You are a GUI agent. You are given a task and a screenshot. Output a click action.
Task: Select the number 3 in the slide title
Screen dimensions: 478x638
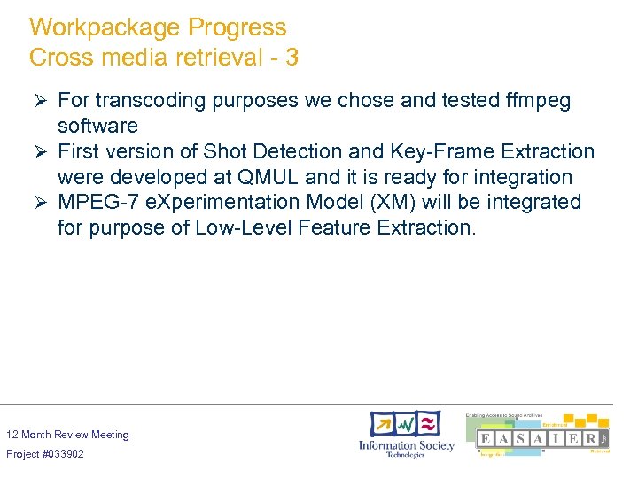pos(292,58)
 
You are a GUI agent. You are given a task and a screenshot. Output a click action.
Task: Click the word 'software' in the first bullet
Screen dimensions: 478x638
pos(97,127)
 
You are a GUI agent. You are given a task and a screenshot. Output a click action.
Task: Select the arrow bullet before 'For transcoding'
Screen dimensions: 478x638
pos(38,101)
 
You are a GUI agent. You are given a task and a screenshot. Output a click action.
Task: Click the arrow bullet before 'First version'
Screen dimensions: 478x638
pos(38,152)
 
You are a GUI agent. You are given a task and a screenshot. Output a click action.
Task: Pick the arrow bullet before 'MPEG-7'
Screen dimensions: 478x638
pos(38,203)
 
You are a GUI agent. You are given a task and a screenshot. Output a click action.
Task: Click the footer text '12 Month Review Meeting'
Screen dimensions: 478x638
pos(67,435)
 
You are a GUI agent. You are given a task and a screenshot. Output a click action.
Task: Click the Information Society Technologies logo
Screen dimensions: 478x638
pos(405,434)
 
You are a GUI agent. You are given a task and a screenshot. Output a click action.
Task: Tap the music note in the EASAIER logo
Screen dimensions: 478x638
pos(603,439)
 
